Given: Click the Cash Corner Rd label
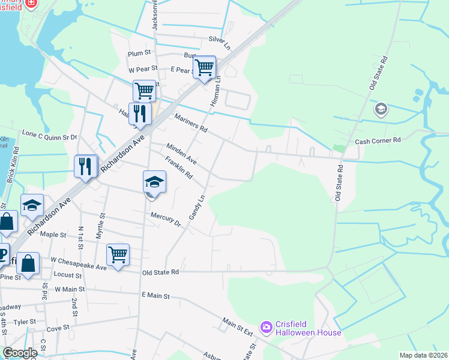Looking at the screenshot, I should click(x=378, y=141).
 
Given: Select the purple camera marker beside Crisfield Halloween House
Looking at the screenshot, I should click(x=265, y=326).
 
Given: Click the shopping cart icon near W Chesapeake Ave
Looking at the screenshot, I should click(x=118, y=254).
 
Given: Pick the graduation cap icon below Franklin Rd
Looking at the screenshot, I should click(x=154, y=182).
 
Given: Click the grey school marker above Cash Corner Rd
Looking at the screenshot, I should click(x=380, y=109).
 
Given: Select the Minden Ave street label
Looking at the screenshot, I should click(x=181, y=154).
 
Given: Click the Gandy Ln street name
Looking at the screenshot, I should click(x=197, y=207).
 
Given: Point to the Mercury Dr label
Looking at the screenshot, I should click(x=166, y=218).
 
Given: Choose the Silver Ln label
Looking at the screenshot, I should click(x=219, y=43).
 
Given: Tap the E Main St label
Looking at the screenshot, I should click(x=156, y=296).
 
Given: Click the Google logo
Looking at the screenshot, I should click(x=20, y=353).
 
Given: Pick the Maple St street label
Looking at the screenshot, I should click(x=53, y=234).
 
